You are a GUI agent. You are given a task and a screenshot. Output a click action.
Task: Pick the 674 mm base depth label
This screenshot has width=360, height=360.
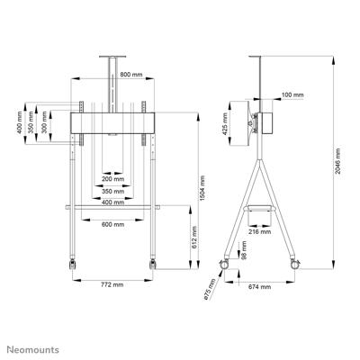[259, 288]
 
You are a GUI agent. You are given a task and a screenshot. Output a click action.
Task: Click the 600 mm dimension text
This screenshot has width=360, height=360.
[112, 224]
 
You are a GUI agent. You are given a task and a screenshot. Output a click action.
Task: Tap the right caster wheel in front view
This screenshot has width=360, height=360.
[153, 265]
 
